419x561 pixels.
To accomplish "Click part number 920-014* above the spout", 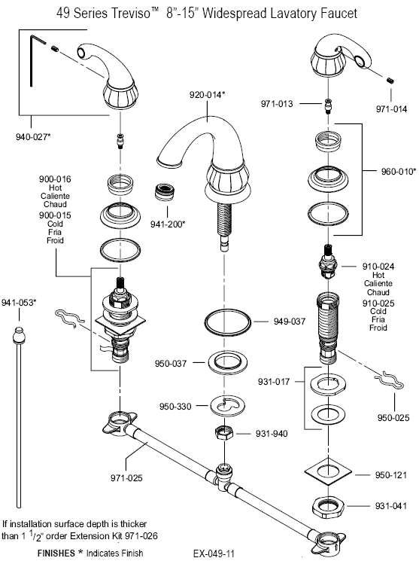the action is coord(208,95).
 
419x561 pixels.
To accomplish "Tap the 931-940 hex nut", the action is coord(224,432).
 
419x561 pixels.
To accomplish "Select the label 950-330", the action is coord(175,407).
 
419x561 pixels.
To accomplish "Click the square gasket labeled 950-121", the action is coord(328,472).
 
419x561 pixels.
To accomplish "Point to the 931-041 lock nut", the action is coord(328,508).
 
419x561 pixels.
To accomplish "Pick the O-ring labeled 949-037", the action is coord(227,322).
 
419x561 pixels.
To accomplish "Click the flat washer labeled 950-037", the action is coord(227,363).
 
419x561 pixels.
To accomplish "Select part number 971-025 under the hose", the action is coord(126,477).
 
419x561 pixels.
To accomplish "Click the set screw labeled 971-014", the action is coord(390,80).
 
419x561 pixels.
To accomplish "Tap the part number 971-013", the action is coord(277,104).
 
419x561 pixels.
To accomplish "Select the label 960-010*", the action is coord(398,172).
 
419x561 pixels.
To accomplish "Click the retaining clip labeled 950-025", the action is coord(389,381).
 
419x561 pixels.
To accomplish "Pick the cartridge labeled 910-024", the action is coord(327,261).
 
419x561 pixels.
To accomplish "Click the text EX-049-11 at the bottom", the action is coord(214,553).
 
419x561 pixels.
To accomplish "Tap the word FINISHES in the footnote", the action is coord(56,553).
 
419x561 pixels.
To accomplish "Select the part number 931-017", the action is coord(274,382).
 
